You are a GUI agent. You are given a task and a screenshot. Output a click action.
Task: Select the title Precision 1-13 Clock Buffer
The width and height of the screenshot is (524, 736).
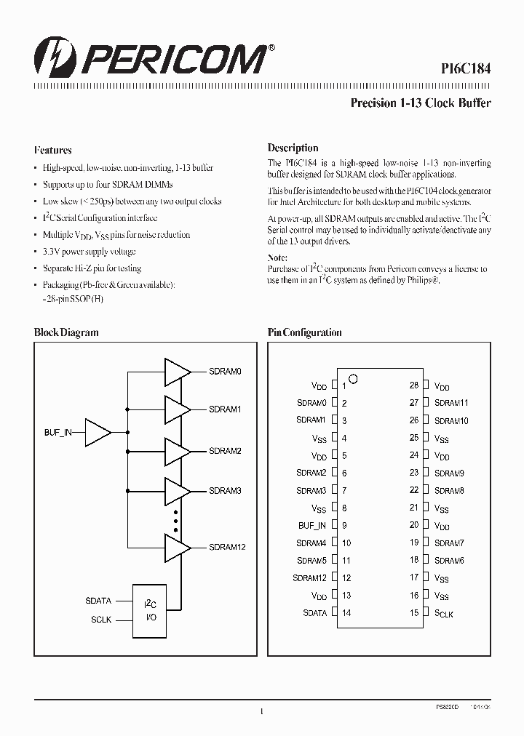[x=421, y=103]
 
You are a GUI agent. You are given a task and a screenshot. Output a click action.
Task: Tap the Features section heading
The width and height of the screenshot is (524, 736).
[x=52, y=151]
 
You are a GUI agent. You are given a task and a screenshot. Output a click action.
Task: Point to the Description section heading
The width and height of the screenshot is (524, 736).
[x=293, y=148]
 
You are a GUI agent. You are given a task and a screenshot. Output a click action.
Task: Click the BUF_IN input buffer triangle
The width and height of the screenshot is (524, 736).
[x=98, y=432]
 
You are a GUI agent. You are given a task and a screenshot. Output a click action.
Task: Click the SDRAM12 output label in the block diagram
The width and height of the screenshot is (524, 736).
[x=227, y=546]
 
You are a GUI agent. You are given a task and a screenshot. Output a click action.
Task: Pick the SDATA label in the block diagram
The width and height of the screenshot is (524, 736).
[x=98, y=601]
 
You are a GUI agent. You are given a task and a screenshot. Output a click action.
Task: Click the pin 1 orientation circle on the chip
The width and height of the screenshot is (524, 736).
[x=354, y=378]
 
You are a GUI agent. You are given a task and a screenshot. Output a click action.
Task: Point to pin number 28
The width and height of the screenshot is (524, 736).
[x=413, y=385]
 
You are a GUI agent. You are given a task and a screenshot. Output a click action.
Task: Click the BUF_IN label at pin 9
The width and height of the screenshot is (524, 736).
[x=312, y=525]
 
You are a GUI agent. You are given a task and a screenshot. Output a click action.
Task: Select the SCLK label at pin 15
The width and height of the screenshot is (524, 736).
[x=444, y=614]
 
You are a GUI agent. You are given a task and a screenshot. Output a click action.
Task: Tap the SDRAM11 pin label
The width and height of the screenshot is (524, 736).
[x=451, y=403]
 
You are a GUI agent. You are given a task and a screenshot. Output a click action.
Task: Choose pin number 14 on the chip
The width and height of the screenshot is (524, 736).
[x=346, y=613]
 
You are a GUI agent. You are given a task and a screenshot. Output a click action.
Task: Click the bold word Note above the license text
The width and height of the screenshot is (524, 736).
[x=277, y=258]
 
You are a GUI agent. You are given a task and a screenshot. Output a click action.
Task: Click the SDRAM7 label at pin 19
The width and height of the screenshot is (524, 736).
[x=449, y=543]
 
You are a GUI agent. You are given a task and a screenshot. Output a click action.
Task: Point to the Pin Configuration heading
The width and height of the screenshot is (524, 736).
[x=304, y=332]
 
